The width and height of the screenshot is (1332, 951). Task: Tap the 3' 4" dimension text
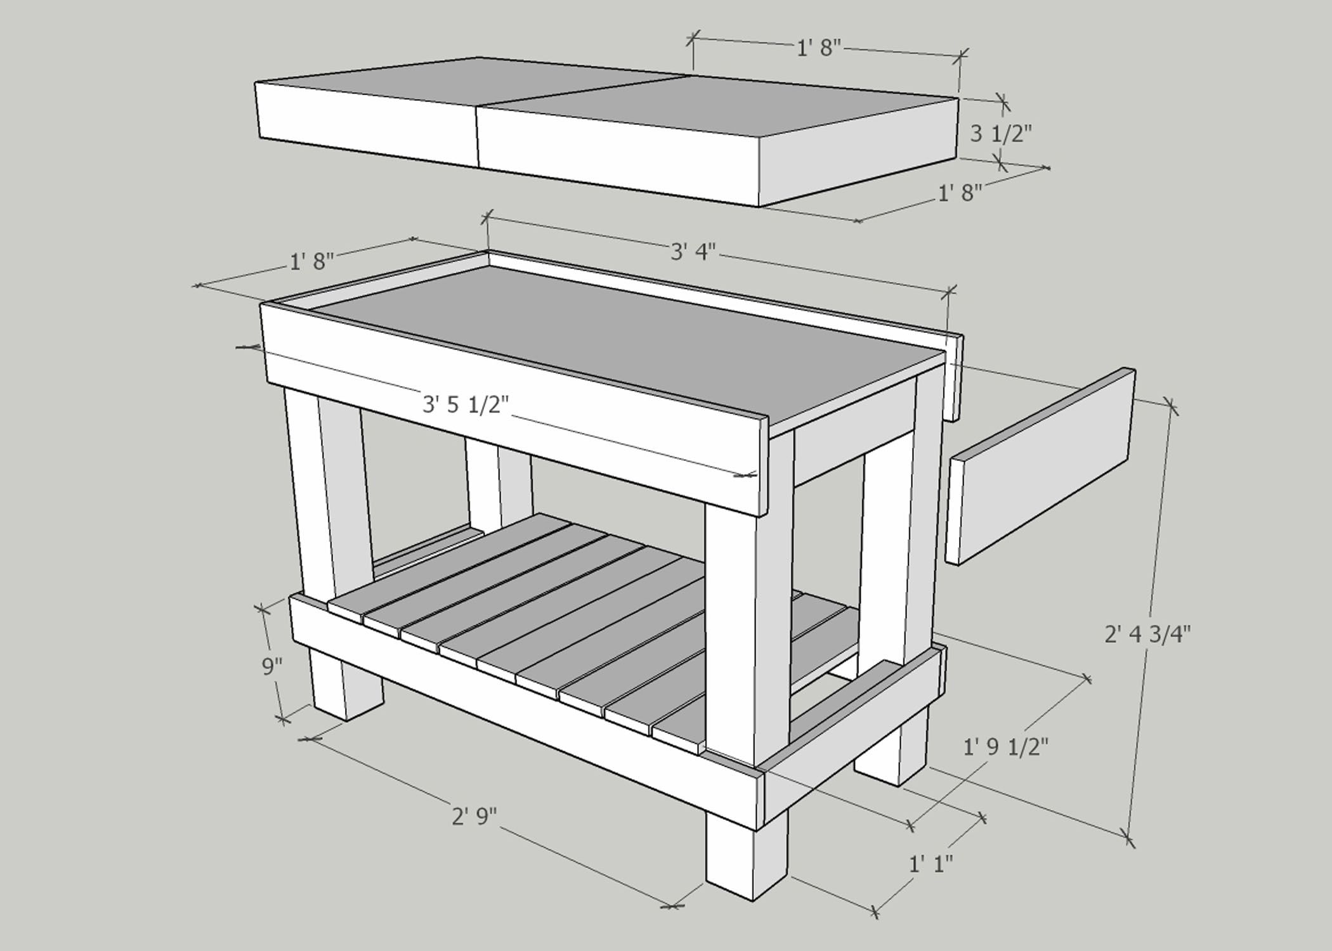(693, 252)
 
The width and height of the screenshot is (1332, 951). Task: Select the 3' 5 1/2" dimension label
(466, 404)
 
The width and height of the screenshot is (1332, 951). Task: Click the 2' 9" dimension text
(474, 816)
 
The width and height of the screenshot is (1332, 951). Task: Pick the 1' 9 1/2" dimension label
(1005, 748)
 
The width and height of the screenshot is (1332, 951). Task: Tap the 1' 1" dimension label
(930, 864)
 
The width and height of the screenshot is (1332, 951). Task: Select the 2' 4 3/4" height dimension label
(1147, 633)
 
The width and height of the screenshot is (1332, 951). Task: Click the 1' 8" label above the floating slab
(818, 48)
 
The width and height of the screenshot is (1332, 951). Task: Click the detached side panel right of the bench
(1040, 466)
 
